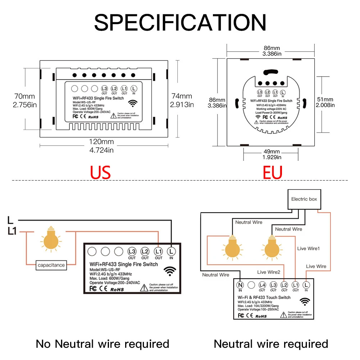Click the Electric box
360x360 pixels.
[x=304, y=199]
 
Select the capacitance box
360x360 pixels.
[x=51, y=265]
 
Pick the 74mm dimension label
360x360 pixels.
[x=182, y=96]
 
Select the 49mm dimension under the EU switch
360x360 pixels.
[x=272, y=151]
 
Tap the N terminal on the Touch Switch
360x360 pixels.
[x=240, y=285]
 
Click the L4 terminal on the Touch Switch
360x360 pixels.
[x=262, y=285]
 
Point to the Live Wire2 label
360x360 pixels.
[x=268, y=272]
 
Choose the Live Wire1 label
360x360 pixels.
[x=308, y=249]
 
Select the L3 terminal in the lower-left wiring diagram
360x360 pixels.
[x=132, y=252]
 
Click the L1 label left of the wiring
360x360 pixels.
[x=12, y=232]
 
